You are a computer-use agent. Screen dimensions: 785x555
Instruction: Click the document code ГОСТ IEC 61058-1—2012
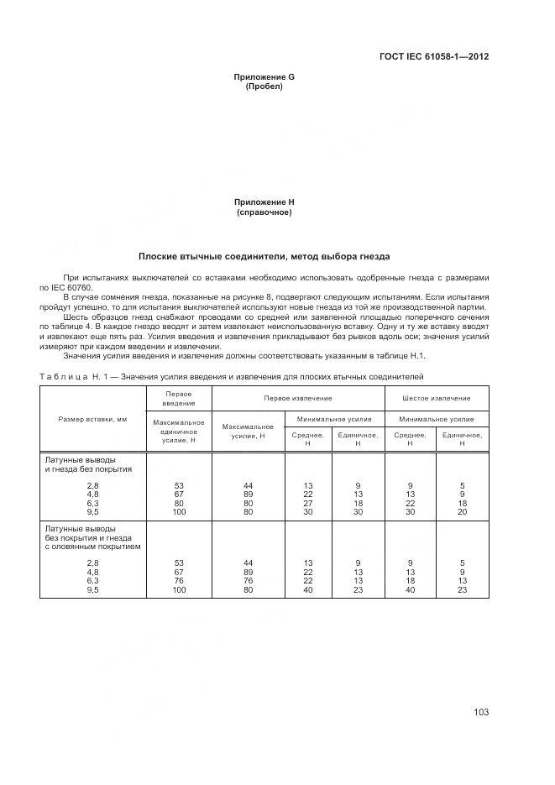[x=433, y=57]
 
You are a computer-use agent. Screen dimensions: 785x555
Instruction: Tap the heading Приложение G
[x=264, y=77]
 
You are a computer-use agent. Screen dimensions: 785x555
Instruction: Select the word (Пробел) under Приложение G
[x=264, y=86]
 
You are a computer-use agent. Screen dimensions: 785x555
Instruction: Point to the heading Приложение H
[x=264, y=202]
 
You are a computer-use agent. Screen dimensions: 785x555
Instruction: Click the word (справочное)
[x=264, y=212]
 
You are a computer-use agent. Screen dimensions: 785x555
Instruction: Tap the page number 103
[x=480, y=712]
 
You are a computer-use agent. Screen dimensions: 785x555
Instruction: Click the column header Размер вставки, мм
[x=92, y=418]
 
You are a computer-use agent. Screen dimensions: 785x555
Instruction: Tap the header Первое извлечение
[x=297, y=398]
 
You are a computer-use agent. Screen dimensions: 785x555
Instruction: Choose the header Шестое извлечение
[x=436, y=398]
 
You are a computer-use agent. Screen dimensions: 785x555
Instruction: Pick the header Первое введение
[x=179, y=398]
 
